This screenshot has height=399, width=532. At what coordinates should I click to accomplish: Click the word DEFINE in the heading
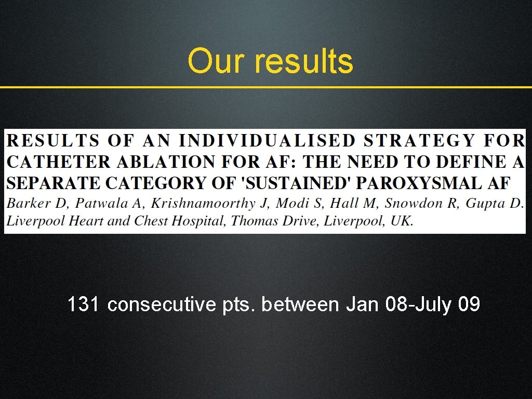(472, 162)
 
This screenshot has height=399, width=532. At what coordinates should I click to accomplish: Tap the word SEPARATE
(55, 183)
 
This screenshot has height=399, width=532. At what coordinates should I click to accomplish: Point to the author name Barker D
(32, 203)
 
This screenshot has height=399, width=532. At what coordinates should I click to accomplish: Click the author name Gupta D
(494, 203)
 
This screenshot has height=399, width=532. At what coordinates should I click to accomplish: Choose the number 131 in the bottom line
(84, 304)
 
